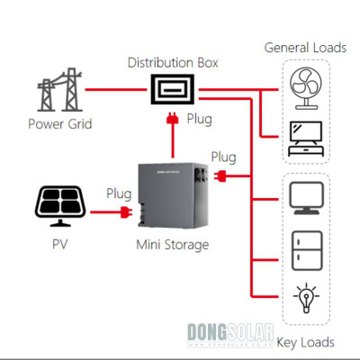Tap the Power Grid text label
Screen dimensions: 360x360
58,123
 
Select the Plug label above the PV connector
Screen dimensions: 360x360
119,193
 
